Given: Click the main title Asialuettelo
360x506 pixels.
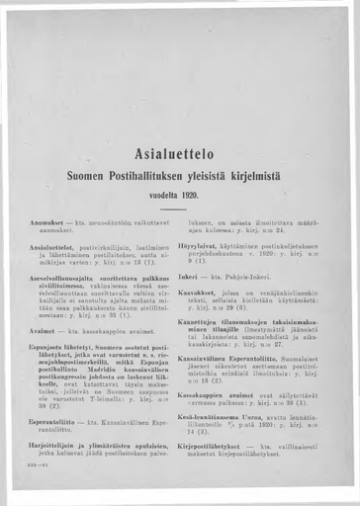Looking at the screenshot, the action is coord(180,154).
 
